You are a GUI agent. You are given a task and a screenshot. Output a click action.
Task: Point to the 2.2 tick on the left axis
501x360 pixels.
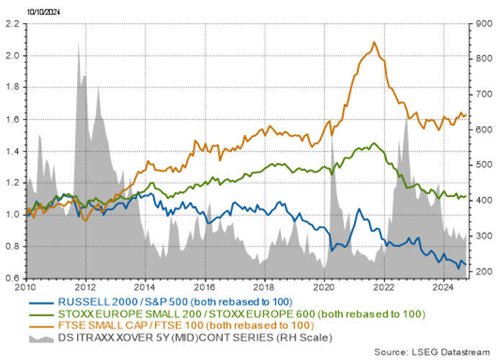coord(13,24)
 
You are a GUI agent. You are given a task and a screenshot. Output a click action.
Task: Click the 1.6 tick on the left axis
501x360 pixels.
coord(13,120)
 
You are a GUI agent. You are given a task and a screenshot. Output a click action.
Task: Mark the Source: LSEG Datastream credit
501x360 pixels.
coord(430,351)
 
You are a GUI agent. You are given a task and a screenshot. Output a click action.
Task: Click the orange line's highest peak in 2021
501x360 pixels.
coord(373,43)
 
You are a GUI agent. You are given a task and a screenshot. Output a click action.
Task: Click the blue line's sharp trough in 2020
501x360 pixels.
coord(330,250)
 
